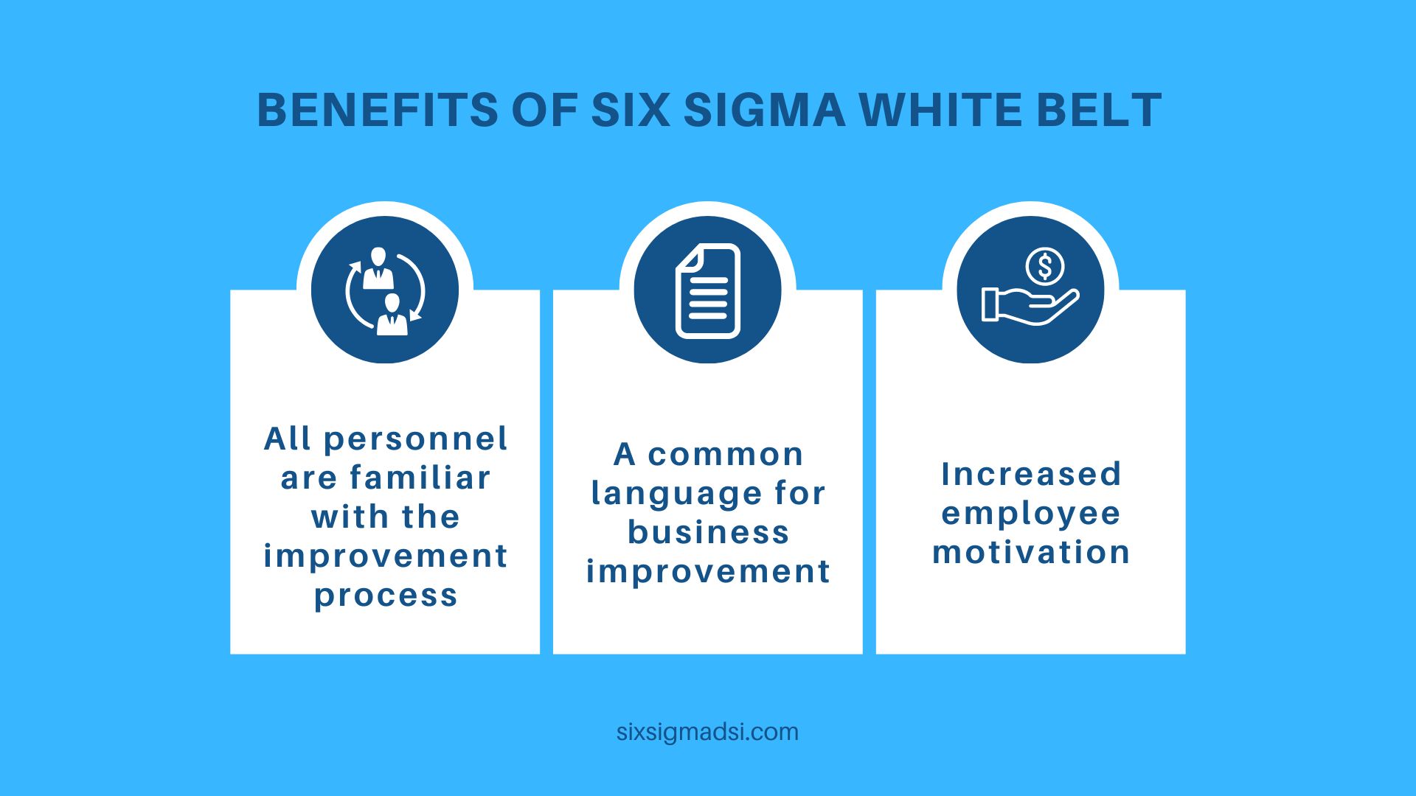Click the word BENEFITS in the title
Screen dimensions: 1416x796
tap(378, 111)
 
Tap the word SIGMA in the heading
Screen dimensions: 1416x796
tap(764, 111)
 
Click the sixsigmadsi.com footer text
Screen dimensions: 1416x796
tap(707, 732)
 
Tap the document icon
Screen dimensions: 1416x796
tap(708, 290)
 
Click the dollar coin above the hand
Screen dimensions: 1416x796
tap(1044, 266)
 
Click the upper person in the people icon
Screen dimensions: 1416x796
tap(378, 268)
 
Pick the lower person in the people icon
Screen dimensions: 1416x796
tap(392, 315)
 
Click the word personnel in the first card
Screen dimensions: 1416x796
tap(416, 440)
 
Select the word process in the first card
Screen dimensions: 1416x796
tap(386, 596)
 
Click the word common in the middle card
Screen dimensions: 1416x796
tap(726, 455)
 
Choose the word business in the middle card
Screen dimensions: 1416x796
tap(708, 532)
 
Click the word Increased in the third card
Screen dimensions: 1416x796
tap(1031, 474)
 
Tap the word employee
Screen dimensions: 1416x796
tap(1031, 514)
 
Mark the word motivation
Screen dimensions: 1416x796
tap(1031, 552)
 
